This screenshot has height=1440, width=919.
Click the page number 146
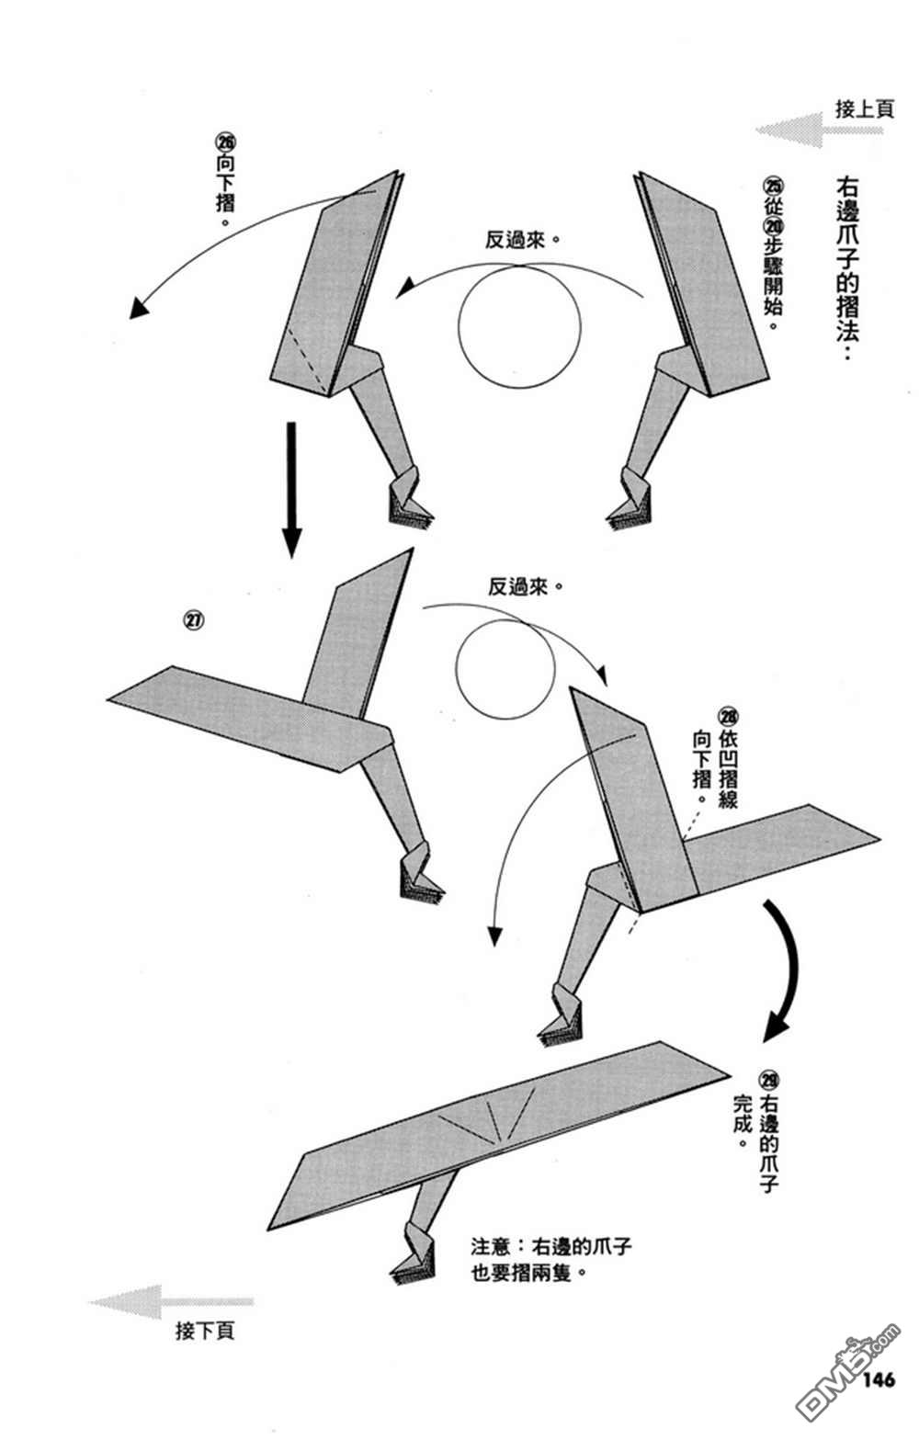[879, 1379]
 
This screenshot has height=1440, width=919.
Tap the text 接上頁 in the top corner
[864, 108]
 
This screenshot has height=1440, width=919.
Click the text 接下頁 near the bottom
[204, 1330]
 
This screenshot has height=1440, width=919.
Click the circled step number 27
[194, 620]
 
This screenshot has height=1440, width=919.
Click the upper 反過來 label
[522, 240]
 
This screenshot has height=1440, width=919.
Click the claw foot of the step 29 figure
[412, 1264]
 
